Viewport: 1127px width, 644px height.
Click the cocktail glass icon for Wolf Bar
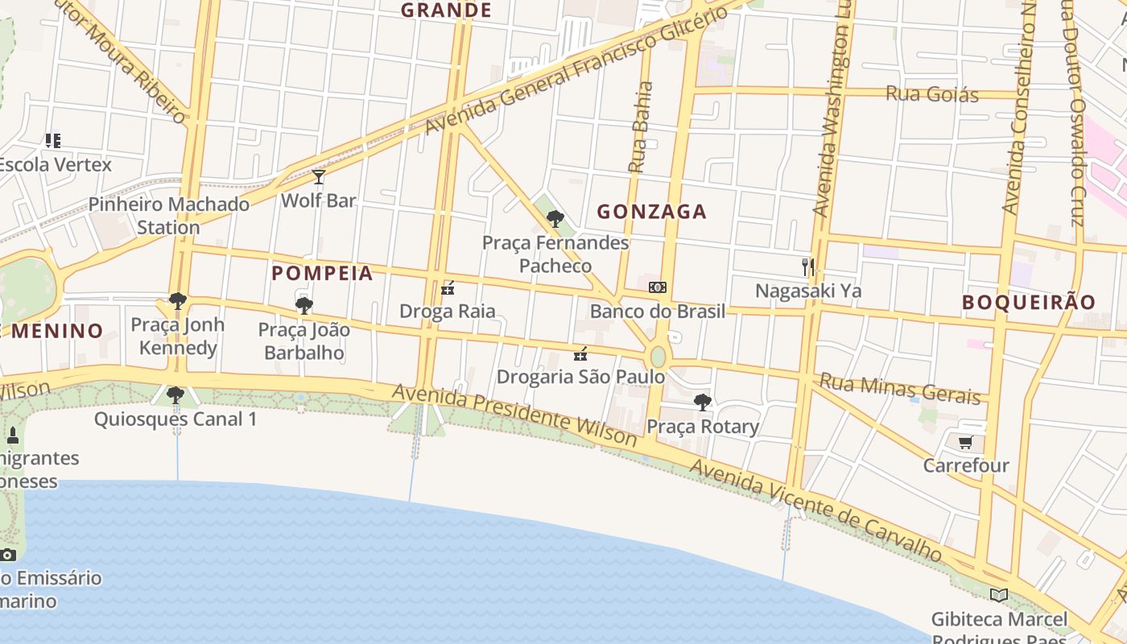click(x=319, y=177)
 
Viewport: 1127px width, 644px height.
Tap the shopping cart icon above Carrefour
click(x=965, y=442)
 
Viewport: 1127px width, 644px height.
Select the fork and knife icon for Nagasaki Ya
click(x=808, y=267)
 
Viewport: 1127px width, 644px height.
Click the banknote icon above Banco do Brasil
click(x=658, y=287)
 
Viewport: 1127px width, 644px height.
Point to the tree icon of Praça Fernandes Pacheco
click(x=555, y=218)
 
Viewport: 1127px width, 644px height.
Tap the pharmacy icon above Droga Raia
click(x=448, y=287)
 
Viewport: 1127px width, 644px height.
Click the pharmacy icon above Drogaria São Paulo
click(x=580, y=353)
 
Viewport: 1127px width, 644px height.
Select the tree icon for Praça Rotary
click(x=703, y=402)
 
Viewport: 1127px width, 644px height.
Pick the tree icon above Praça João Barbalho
click(x=303, y=305)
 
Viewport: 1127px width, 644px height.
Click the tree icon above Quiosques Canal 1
click(x=175, y=395)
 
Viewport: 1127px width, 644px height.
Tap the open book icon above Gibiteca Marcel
click(x=999, y=595)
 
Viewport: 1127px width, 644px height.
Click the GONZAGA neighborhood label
click(x=651, y=212)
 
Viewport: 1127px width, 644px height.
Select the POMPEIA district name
click(x=322, y=274)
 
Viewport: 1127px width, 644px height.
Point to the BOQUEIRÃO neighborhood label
click(x=1029, y=303)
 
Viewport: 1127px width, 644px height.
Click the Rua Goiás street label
click(x=932, y=94)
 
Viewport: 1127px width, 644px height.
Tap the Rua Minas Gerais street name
click(x=900, y=389)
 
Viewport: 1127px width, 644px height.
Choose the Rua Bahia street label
click(x=641, y=127)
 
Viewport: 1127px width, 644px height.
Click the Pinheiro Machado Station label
click(x=169, y=215)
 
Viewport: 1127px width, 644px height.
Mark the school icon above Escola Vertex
click(x=53, y=141)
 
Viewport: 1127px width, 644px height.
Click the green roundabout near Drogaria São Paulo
click(x=658, y=357)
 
